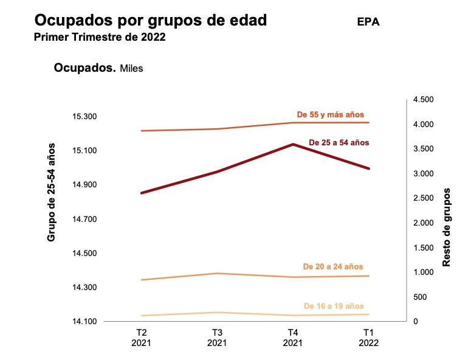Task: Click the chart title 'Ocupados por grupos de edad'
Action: coord(151,21)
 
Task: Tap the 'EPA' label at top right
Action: coord(369,22)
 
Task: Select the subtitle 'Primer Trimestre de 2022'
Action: coord(100,37)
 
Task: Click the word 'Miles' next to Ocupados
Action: coord(131,69)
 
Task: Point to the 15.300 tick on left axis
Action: coord(85,116)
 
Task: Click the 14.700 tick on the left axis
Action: coord(85,219)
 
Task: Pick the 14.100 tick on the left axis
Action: coord(85,321)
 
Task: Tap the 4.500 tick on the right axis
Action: coord(424,100)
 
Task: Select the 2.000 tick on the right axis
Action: coord(424,223)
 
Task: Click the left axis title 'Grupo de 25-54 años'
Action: coord(52,192)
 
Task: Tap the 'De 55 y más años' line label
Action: coord(330,114)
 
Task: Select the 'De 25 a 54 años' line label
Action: coord(339,142)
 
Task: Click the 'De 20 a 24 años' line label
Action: coord(332,266)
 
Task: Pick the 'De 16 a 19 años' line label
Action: coord(334,306)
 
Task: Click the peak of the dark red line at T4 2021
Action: coord(293,144)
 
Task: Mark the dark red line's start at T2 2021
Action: coord(141,193)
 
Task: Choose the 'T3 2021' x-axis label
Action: coord(217,337)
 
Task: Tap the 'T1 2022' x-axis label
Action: coord(369,337)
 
